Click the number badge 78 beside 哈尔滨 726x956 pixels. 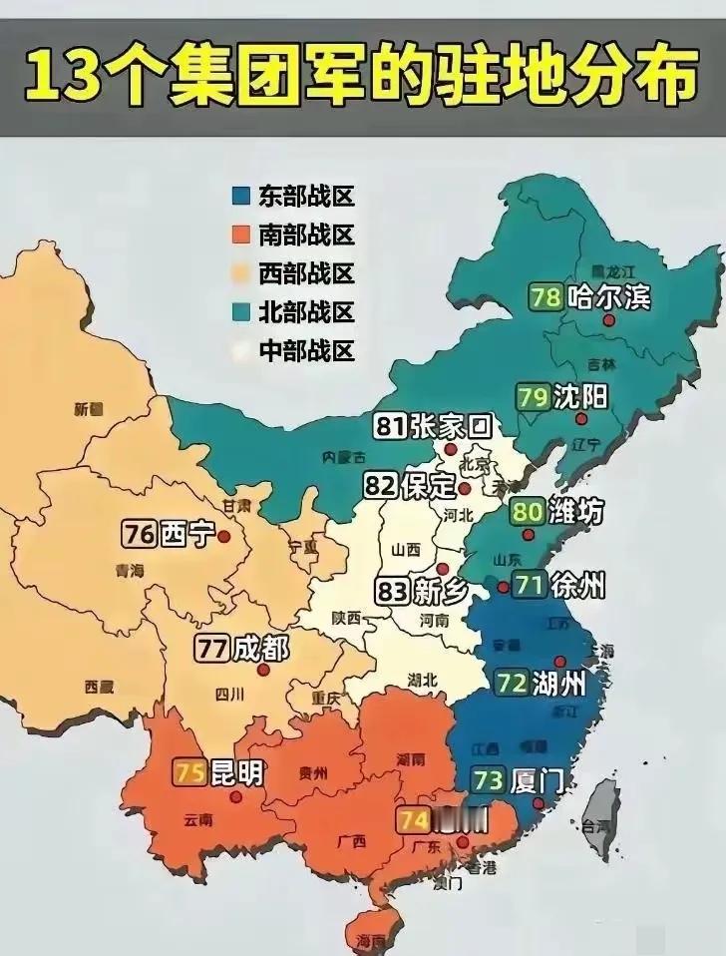click(545, 298)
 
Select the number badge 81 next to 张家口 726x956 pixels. click(390, 427)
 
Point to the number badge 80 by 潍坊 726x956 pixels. click(528, 513)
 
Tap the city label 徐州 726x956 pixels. click(577, 586)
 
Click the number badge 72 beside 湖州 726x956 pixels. click(512, 684)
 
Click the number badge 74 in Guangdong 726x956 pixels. click(414, 820)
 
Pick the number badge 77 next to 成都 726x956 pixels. click(210, 649)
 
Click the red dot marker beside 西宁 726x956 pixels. click(224, 536)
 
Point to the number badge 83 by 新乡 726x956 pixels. click(393, 591)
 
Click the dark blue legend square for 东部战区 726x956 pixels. click(240, 196)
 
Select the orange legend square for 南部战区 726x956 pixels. click(240, 235)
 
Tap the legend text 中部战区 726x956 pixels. click(306, 350)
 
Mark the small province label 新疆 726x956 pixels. click(89, 409)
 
